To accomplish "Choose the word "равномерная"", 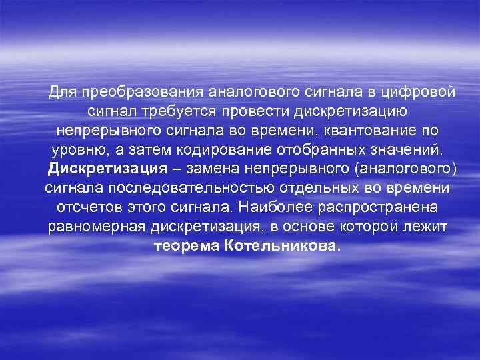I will point(93,227).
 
